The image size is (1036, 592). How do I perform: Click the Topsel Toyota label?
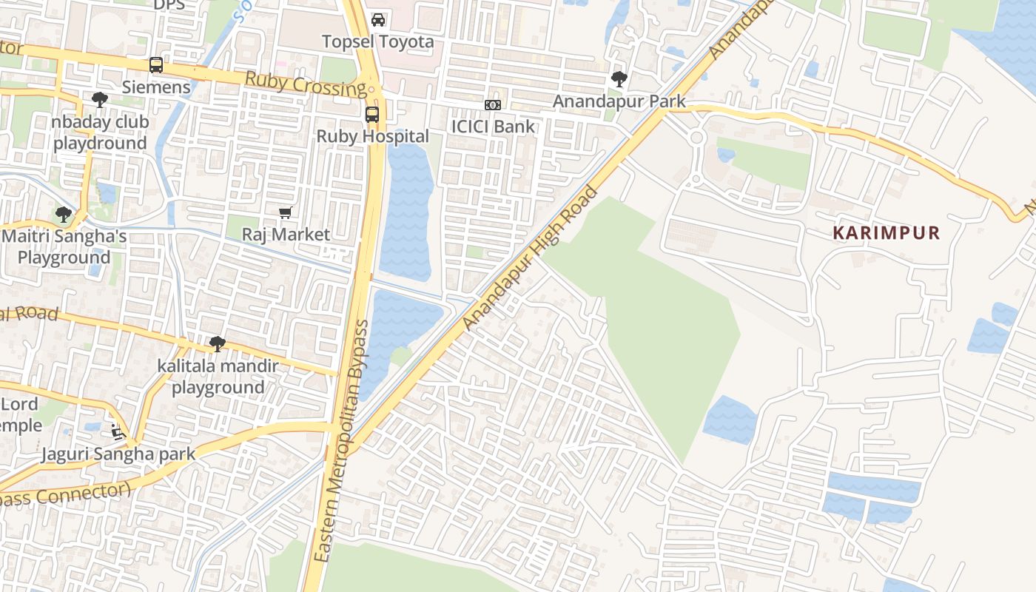click(x=377, y=41)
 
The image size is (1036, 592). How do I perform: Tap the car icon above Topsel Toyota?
click(x=378, y=20)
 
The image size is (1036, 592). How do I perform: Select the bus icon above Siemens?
click(x=156, y=65)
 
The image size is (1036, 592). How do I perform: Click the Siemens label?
click(x=156, y=87)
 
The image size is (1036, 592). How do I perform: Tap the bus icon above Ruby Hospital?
click(x=372, y=115)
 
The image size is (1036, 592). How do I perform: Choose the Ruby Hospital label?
click(x=372, y=136)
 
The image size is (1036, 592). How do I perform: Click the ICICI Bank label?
click(x=493, y=126)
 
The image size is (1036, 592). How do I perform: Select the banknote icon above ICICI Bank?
click(x=493, y=105)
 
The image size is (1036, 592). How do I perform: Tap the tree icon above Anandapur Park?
click(x=619, y=79)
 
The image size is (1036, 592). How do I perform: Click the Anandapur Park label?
click(x=619, y=101)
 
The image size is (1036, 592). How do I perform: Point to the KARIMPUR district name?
click(x=886, y=233)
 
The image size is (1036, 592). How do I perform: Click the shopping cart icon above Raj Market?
click(x=286, y=213)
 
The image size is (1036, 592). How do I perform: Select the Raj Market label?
click(x=286, y=235)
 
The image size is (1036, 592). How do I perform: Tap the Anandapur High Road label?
click(x=530, y=259)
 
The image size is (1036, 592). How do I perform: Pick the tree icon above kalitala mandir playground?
click(x=218, y=344)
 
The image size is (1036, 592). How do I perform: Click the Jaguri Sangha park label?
click(x=118, y=454)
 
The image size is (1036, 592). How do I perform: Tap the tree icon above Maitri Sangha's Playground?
click(x=64, y=215)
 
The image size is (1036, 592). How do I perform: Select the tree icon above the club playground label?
click(x=100, y=100)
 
